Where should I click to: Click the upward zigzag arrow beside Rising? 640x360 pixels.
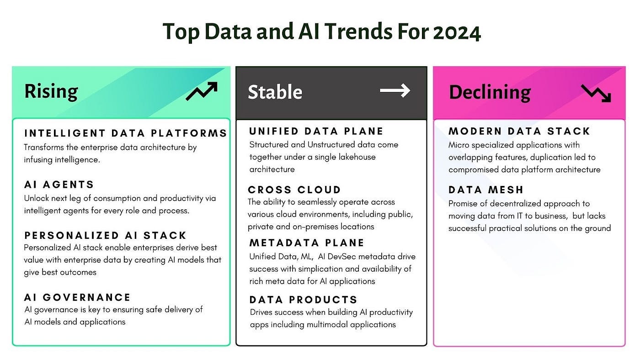pos(201,91)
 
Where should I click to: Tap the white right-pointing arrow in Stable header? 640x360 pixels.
pos(395,91)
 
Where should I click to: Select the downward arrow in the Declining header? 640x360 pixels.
pos(596,93)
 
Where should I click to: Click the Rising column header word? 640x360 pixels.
pos(51,91)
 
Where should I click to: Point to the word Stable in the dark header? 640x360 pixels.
pos(275,92)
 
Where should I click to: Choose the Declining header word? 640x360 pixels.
pos(490,92)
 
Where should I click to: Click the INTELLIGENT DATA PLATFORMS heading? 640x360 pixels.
pos(126,133)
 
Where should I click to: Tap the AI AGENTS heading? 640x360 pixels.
pos(59,185)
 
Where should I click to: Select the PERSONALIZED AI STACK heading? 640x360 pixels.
pos(106,235)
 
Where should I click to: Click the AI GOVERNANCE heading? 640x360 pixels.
pos(78,297)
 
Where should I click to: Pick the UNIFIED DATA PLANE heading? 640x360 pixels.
pos(316,132)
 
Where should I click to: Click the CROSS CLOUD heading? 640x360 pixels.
pos(294,190)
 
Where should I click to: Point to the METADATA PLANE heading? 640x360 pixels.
pos(307,243)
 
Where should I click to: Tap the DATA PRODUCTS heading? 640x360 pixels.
pos(304,300)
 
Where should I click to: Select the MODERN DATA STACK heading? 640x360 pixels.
pos(519,132)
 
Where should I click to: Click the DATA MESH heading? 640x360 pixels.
pos(486,190)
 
